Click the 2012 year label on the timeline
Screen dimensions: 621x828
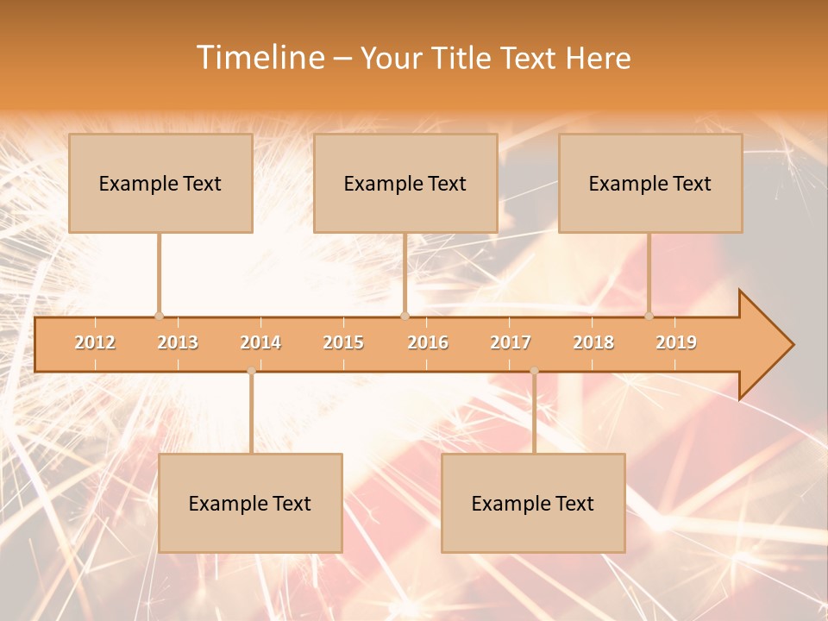(95, 342)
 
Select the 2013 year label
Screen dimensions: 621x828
(178, 342)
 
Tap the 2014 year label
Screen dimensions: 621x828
(260, 342)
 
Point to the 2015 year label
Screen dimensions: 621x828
(343, 342)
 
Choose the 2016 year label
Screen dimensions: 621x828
(427, 342)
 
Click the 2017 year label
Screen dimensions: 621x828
(510, 342)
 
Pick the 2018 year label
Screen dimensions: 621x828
(593, 342)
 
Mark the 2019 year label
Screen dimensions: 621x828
(676, 342)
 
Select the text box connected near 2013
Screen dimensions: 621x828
(160, 183)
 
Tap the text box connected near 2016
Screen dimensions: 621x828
(405, 183)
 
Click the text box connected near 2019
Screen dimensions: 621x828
(650, 183)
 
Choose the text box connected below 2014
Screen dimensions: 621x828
(250, 503)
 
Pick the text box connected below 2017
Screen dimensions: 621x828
(533, 503)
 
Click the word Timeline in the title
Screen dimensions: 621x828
(259, 58)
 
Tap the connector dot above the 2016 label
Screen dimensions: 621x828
(405, 316)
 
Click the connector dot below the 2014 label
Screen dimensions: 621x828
(251, 371)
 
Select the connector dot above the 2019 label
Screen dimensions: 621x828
(649, 316)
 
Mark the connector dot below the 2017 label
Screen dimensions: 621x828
(534, 371)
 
